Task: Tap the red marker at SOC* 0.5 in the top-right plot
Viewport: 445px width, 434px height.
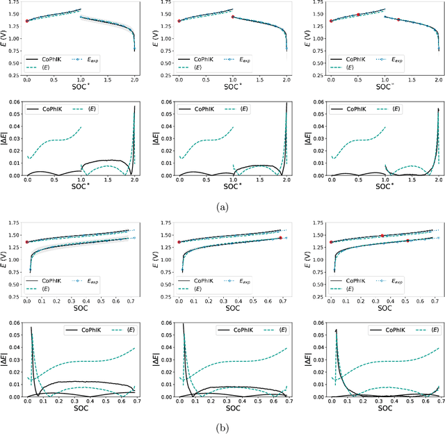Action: (x=358, y=15)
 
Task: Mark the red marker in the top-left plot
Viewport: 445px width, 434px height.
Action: (x=27, y=21)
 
